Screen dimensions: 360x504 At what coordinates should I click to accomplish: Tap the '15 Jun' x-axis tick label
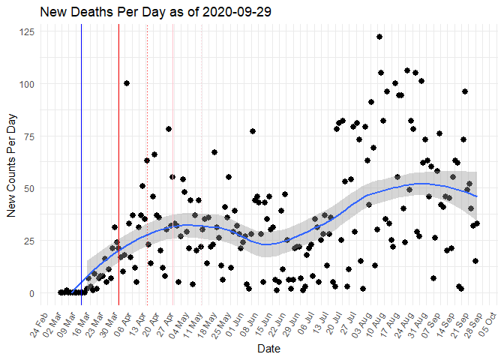265,322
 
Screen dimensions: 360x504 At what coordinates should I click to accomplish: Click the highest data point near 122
379,37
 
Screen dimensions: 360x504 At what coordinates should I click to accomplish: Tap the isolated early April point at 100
127,83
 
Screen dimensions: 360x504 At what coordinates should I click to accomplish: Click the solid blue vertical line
82,165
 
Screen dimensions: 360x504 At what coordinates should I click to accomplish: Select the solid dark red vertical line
118,165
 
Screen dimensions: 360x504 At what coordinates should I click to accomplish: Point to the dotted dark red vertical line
147,165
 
